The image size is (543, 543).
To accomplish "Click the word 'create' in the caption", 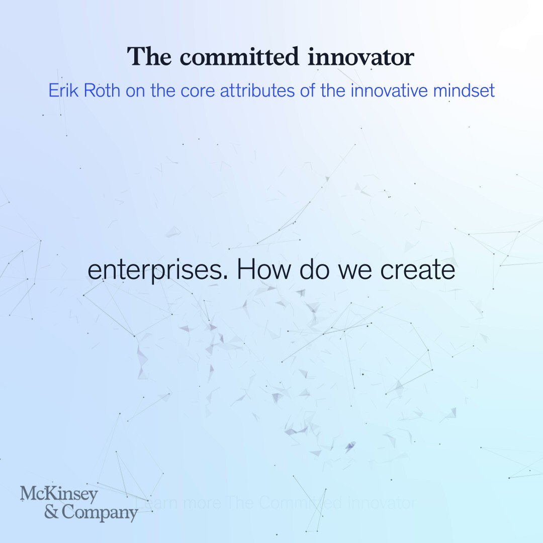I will coord(418,270).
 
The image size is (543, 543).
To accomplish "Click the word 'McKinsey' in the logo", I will coord(59,495).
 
